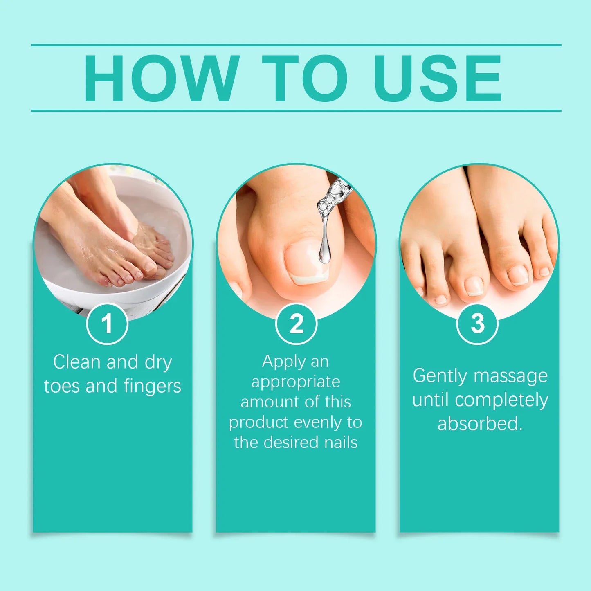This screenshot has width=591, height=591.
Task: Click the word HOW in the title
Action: (x=162, y=78)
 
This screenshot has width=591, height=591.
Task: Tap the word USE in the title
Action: (x=438, y=78)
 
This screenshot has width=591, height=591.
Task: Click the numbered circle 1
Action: (x=107, y=324)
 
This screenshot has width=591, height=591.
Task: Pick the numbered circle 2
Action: (x=296, y=324)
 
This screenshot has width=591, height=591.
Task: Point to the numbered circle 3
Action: (x=477, y=324)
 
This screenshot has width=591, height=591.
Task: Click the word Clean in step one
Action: (x=77, y=362)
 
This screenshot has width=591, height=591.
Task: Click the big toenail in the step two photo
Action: (x=307, y=263)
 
